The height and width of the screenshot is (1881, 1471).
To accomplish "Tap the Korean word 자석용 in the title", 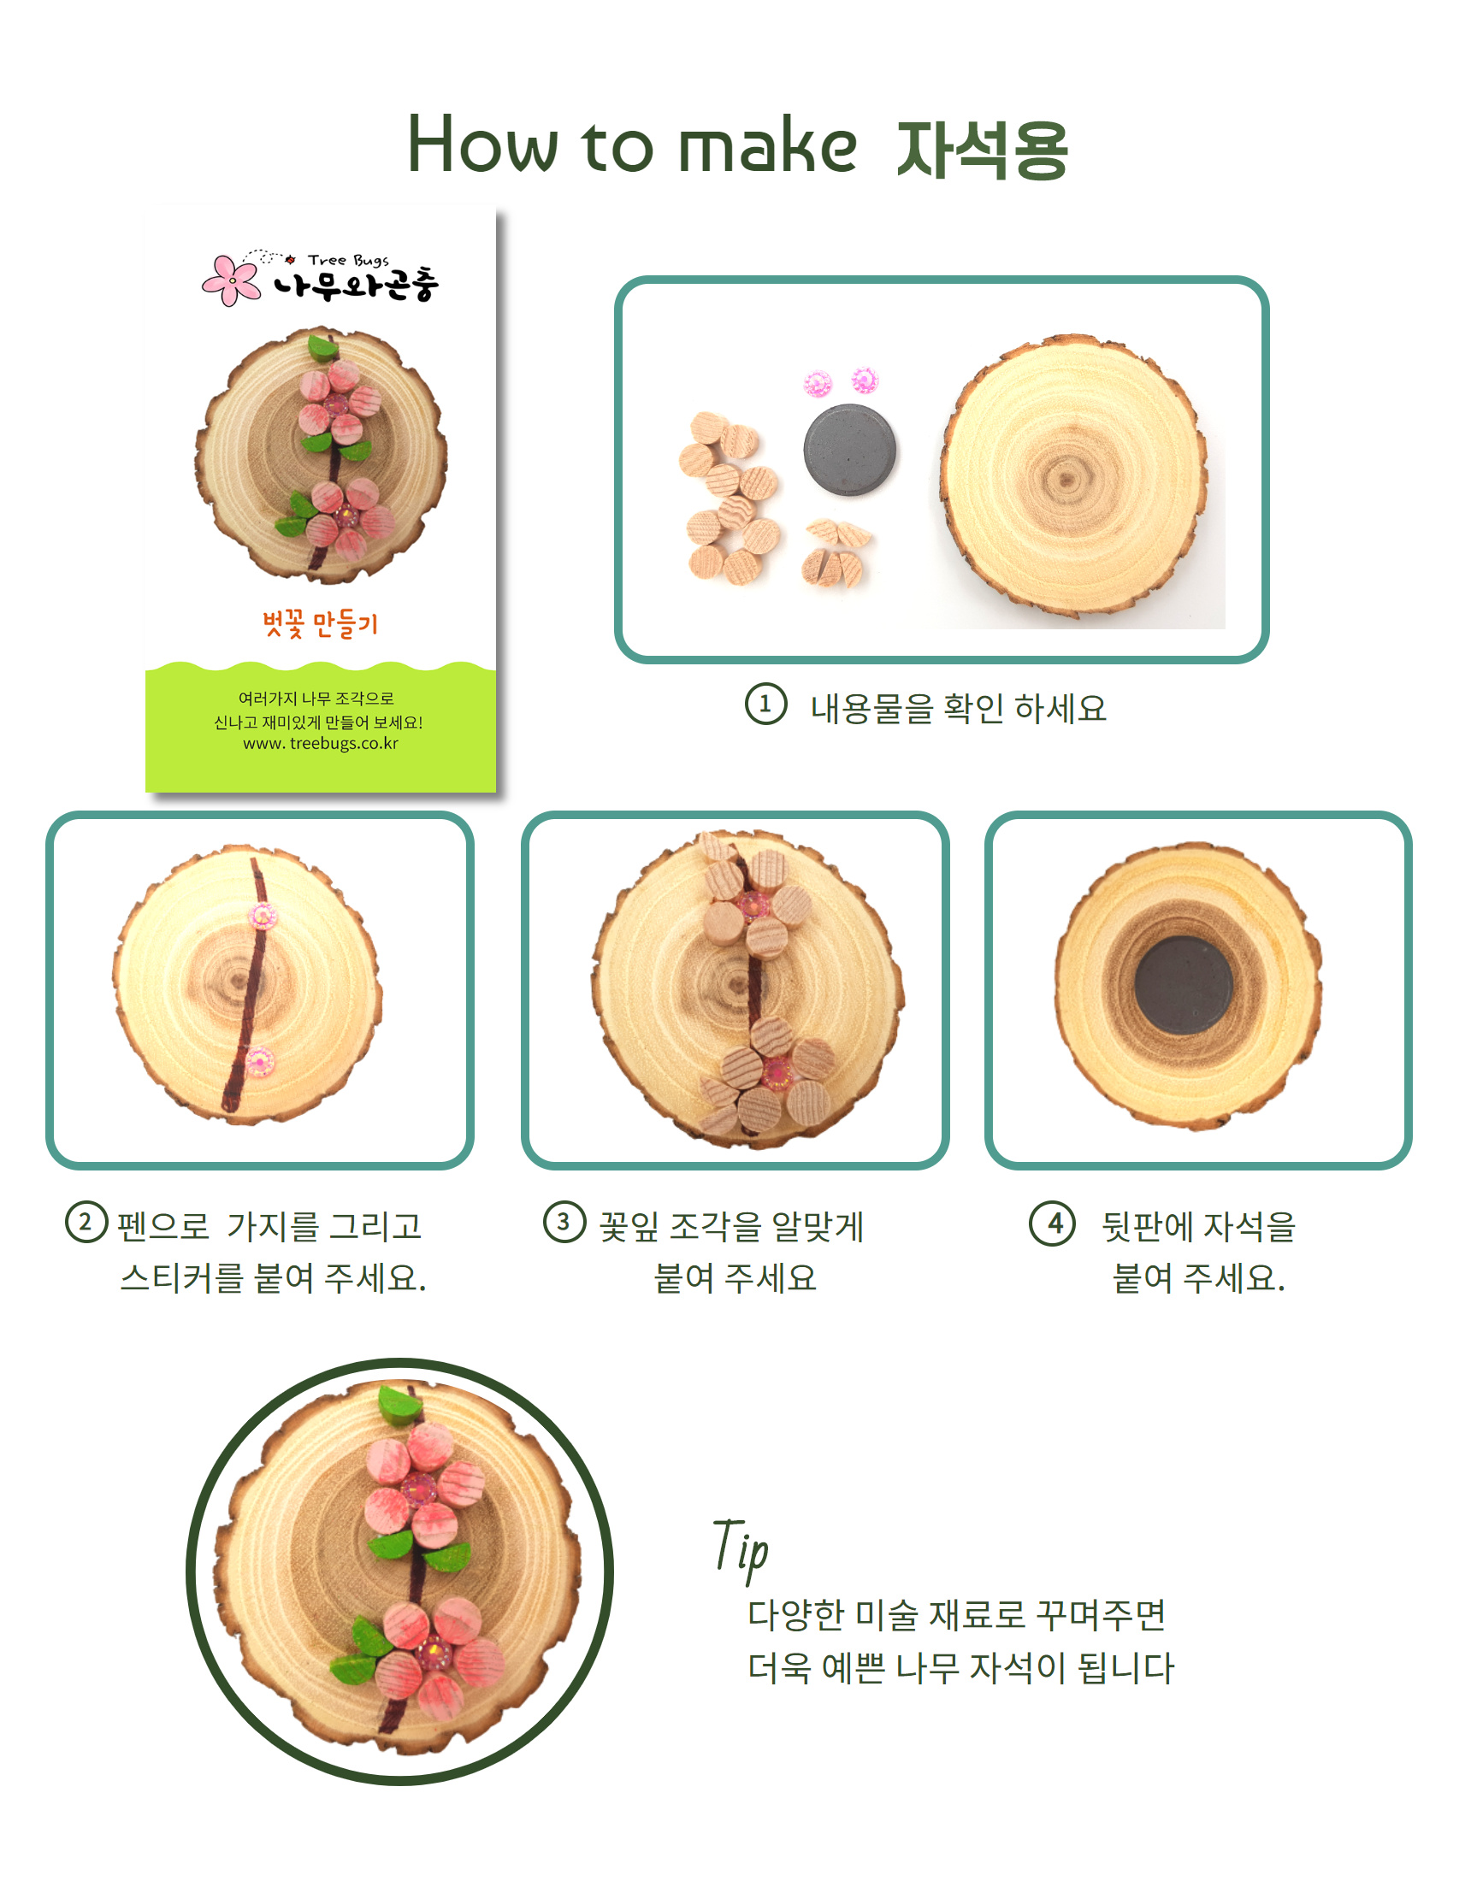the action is (x=983, y=149).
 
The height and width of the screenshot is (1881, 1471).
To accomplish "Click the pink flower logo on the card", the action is (x=231, y=280).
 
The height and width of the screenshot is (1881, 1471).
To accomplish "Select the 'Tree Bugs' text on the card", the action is (x=348, y=260).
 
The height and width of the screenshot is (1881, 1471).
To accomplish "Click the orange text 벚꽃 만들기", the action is (x=321, y=622).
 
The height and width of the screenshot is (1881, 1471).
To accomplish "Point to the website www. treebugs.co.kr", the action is (x=321, y=743).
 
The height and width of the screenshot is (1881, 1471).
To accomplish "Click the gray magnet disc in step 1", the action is (x=850, y=450).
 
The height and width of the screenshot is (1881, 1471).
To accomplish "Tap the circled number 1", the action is (x=765, y=704).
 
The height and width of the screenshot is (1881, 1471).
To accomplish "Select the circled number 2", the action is (x=86, y=1222).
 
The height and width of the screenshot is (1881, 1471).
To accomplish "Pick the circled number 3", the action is (x=564, y=1222).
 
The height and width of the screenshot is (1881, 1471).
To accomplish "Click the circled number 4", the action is (x=1052, y=1223).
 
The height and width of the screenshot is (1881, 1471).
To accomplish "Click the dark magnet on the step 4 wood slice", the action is (x=1183, y=985).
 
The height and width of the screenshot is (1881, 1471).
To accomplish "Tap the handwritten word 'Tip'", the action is (x=741, y=1548).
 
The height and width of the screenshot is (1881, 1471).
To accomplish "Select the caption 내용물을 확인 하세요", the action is (x=958, y=708).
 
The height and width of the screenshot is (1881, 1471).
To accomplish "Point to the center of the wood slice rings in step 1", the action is (x=1066, y=479).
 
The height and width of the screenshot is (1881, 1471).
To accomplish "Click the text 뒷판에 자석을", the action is (x=1199, y=1225).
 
